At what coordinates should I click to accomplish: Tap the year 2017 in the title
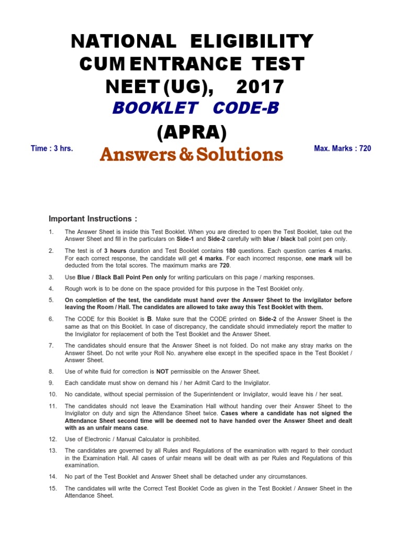260,86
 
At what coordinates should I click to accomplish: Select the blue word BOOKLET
155,108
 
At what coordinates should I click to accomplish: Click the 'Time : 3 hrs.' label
52,149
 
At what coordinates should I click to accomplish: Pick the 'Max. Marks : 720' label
342,149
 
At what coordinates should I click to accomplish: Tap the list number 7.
51,345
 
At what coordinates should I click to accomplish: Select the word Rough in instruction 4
74,288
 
